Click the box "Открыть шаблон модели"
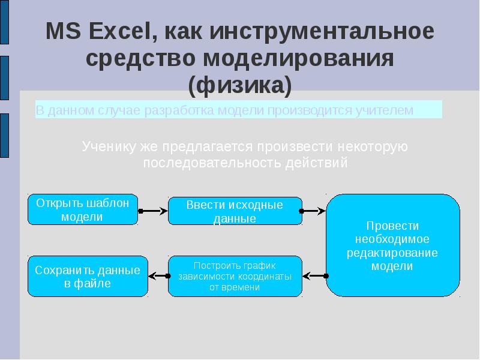[83, 209]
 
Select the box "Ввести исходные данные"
[235, 211]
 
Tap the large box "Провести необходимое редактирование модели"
[392, 245]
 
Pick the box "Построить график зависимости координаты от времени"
[235, 276]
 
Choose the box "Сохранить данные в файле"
[88, 276]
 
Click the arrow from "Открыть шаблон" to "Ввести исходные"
[153, 211]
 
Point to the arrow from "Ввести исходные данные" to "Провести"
[314, 211]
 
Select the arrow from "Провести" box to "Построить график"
[314, 276]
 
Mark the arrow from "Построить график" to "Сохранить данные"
[158, 276]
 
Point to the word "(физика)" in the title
[240, 86]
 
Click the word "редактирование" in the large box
[392, 252]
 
